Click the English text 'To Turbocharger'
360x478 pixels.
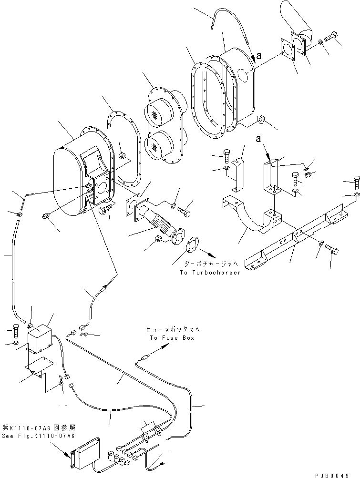[x=210, y=273]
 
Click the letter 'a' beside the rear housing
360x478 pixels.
[x=259, y=56]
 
